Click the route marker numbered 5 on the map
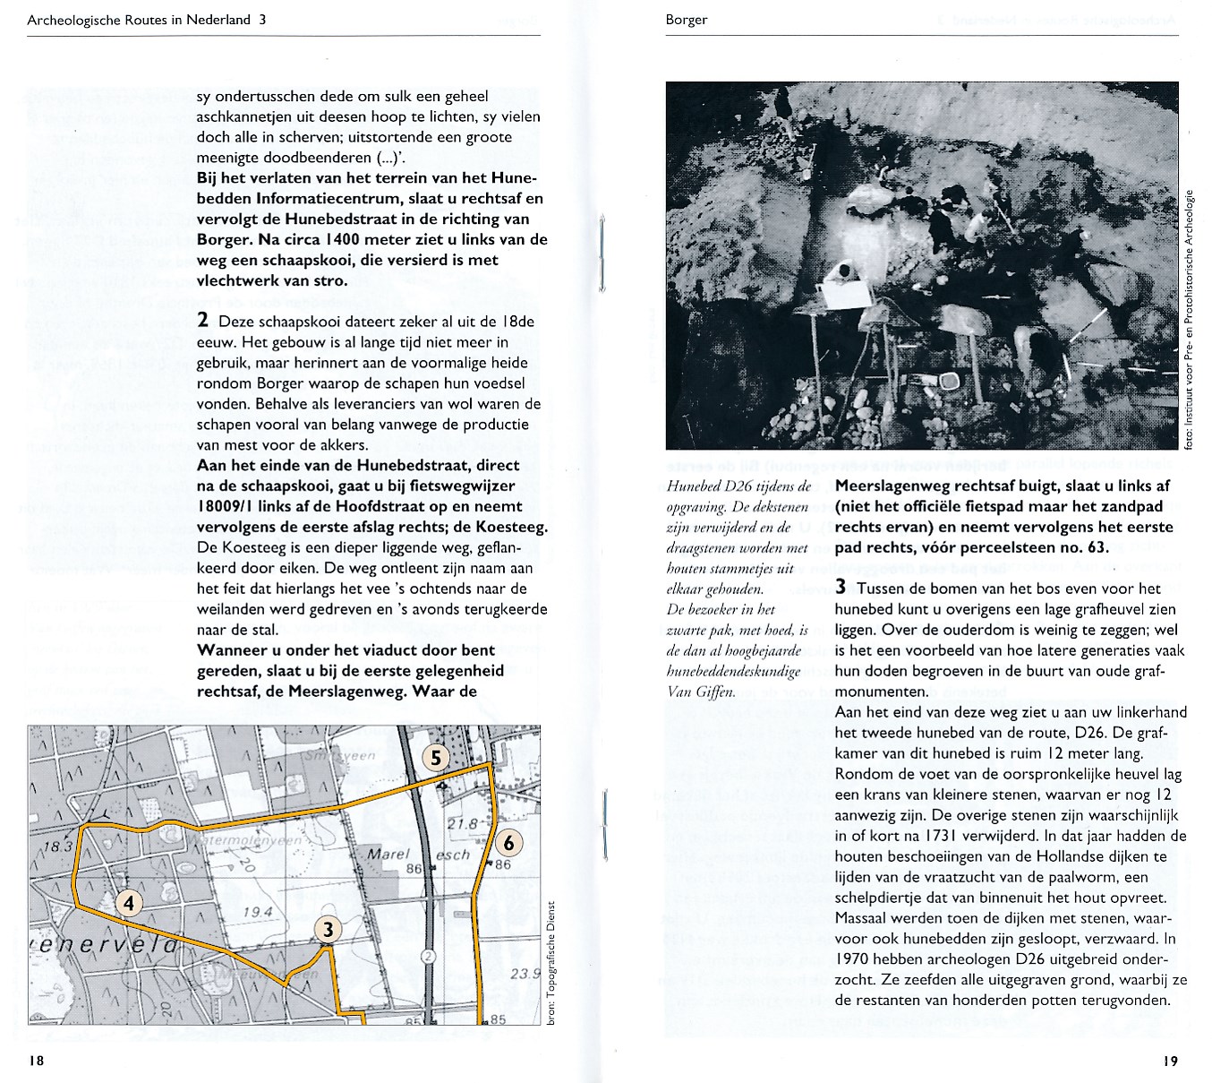tap(435, 758)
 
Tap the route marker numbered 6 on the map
tap(508, 842)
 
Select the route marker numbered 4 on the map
tap(129, 903)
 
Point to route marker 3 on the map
tap(329, 930)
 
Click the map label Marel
tap(388, 855)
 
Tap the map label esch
tap(452, 855)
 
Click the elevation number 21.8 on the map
tap(463, 824)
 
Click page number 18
tap(36, 1062)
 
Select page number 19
tap(1170, 1062)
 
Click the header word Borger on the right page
tap(687, 20)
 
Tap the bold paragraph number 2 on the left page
tap(203, 321)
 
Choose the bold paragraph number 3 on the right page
tap(841, 589)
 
